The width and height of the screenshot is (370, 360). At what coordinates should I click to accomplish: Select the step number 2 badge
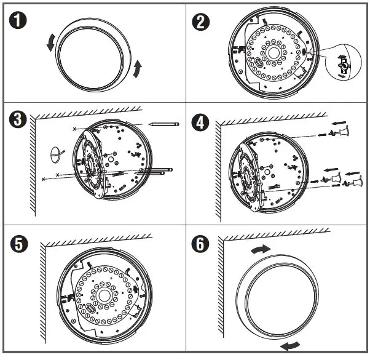[202, 23]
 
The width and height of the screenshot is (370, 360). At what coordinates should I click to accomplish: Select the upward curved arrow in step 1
[139, 67]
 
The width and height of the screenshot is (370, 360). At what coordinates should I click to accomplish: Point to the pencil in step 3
[163, 124]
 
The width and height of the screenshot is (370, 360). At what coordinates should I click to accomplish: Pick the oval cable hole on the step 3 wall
[56, 153]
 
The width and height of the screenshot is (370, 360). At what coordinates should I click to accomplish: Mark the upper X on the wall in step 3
[76, 128]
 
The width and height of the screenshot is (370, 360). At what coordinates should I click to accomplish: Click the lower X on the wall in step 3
[43, 179]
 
